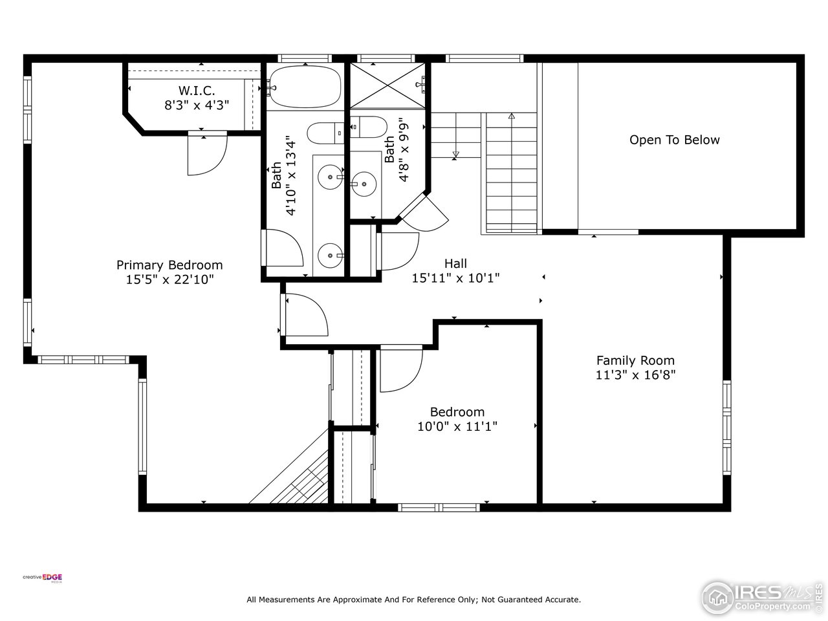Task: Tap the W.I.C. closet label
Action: pyautogui.click(x=197, y=91)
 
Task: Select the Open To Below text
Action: pyautogui.click(x=675, y=140)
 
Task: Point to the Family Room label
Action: pyautogui.click(x=635, y=360)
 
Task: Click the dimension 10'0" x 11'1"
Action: pyautogui.click(x=457, y=426)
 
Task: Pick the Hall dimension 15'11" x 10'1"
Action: pyautogui.click(x=455, y=278)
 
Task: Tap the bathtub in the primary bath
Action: pyautogui.click(x=305, y=87)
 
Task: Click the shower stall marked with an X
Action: pyautogui.click(x=387, y=85)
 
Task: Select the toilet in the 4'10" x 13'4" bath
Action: pyautogui.click(x=325, y=133)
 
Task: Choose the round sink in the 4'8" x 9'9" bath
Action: pyautogui.click(x=364, y=184)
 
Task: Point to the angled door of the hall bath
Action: pyautogui.click(x=424, y=213)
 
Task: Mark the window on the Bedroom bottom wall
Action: pyautogui.click(x=439, y=508)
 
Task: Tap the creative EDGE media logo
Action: pyautogui.click(x=42, y=578)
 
